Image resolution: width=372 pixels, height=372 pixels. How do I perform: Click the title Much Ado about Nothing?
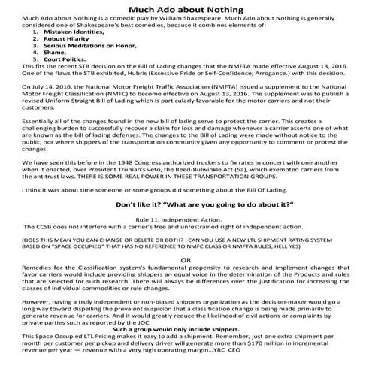coord(186,8)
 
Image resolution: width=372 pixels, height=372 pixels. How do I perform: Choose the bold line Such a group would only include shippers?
coord(186,349)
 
